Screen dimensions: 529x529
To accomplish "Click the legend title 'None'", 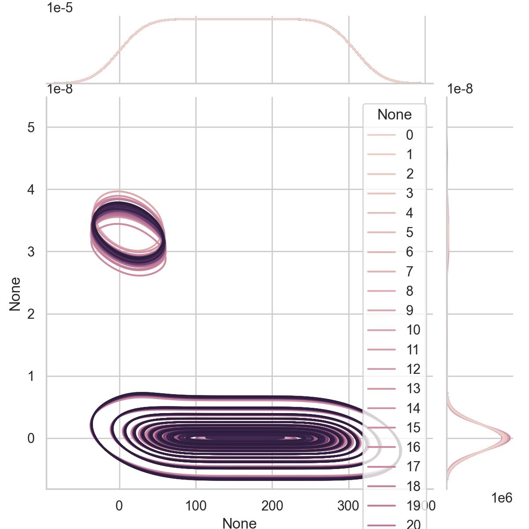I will coord(395,115).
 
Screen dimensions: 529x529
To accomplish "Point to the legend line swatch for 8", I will coord(381,291).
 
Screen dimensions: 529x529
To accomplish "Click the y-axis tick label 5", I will coord(31,127).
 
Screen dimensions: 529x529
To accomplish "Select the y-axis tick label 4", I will coord(31,190).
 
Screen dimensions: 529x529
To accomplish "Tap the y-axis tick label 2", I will coord(31,314).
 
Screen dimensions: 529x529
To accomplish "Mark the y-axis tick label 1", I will coord(31,376).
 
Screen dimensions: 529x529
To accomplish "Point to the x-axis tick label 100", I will coord(196,506).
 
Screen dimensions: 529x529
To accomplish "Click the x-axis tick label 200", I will coord(272,506).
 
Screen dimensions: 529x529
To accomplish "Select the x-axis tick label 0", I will coord(119,506).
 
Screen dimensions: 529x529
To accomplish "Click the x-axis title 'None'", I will coord(239,523).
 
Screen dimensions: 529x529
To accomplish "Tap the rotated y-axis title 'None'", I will coord(15,294).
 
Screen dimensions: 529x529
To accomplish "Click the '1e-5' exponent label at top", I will coord(60,7).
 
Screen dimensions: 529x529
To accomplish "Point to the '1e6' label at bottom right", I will coord(502,498).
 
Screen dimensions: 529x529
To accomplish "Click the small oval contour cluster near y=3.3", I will coord(128,234).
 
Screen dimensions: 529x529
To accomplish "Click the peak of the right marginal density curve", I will coord(509,438).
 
